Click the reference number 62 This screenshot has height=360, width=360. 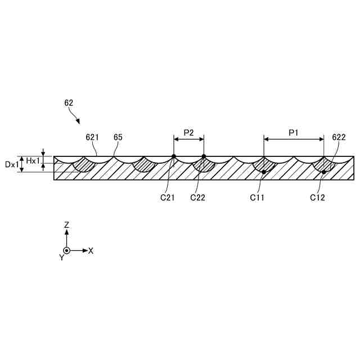(69, 103)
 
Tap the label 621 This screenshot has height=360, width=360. (92, 137)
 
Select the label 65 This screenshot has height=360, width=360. (118, 137)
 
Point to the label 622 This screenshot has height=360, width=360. (339, 137)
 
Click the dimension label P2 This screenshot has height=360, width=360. (188, 133)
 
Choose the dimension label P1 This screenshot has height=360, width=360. (294, 133)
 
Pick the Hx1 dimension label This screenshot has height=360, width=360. (33, 161)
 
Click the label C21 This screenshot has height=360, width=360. (167, 197)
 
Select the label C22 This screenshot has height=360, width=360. (198, 197)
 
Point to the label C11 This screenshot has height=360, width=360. (257, 197)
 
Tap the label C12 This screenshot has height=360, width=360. (318, 197)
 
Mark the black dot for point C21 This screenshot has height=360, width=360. (174, 156)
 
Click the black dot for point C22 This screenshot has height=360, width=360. (204, 156)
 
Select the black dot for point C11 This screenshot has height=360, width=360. (264, 172)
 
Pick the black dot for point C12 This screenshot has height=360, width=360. (324, 172)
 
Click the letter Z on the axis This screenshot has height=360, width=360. (66, 224)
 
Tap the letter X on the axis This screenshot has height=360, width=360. (91, 250)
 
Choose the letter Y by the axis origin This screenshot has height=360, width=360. (61, 258)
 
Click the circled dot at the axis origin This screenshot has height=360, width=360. (66, 250)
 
